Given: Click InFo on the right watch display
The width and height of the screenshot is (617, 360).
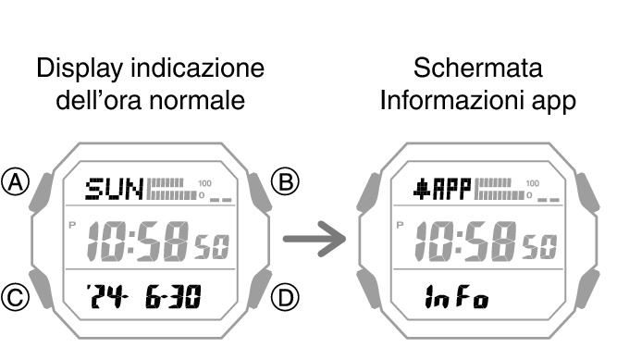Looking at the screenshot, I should pyautogui.click(x=457, y=298).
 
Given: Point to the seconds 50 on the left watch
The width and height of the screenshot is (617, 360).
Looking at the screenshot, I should pyautogui.click(x=211, y=247).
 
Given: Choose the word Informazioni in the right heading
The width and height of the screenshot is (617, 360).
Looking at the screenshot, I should pyautogui.click(x=447, y=100).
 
